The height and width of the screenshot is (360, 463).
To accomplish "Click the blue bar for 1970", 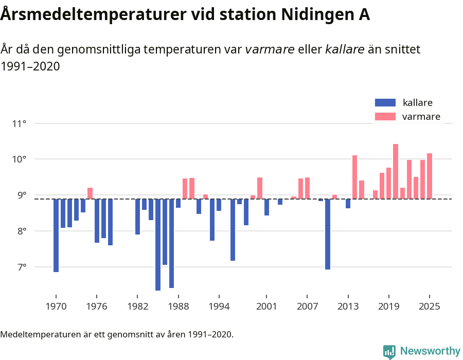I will coord(56,236).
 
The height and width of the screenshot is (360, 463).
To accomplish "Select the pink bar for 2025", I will coord(430,176).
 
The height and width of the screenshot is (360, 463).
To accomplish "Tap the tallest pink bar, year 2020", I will coord(396,171).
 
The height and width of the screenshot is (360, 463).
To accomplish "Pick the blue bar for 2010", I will coord(328,234).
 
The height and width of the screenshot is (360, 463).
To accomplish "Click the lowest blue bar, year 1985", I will coord(158,245).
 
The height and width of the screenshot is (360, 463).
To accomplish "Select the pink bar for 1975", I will coord(90,193).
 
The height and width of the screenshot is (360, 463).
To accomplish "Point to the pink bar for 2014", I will coord(355,177).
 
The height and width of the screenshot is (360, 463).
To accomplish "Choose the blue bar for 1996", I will coord(233,230).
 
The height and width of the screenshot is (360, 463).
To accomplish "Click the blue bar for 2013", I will coord(348,204).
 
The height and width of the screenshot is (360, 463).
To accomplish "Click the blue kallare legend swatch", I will coord(385,102).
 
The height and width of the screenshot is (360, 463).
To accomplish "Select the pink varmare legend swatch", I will coord(385,117).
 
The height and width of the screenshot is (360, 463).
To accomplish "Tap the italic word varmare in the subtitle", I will coord(270,49).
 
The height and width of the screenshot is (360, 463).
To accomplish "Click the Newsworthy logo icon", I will coord(389,351).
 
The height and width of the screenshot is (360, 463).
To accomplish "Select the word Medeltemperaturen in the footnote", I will coord(44,334).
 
